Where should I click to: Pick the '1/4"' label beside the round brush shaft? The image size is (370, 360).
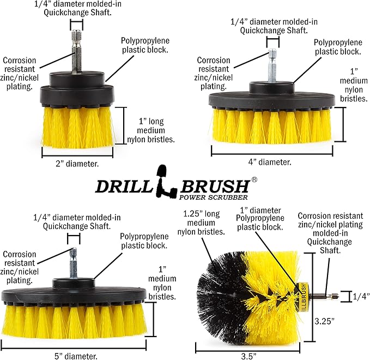[x=359, y=297]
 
